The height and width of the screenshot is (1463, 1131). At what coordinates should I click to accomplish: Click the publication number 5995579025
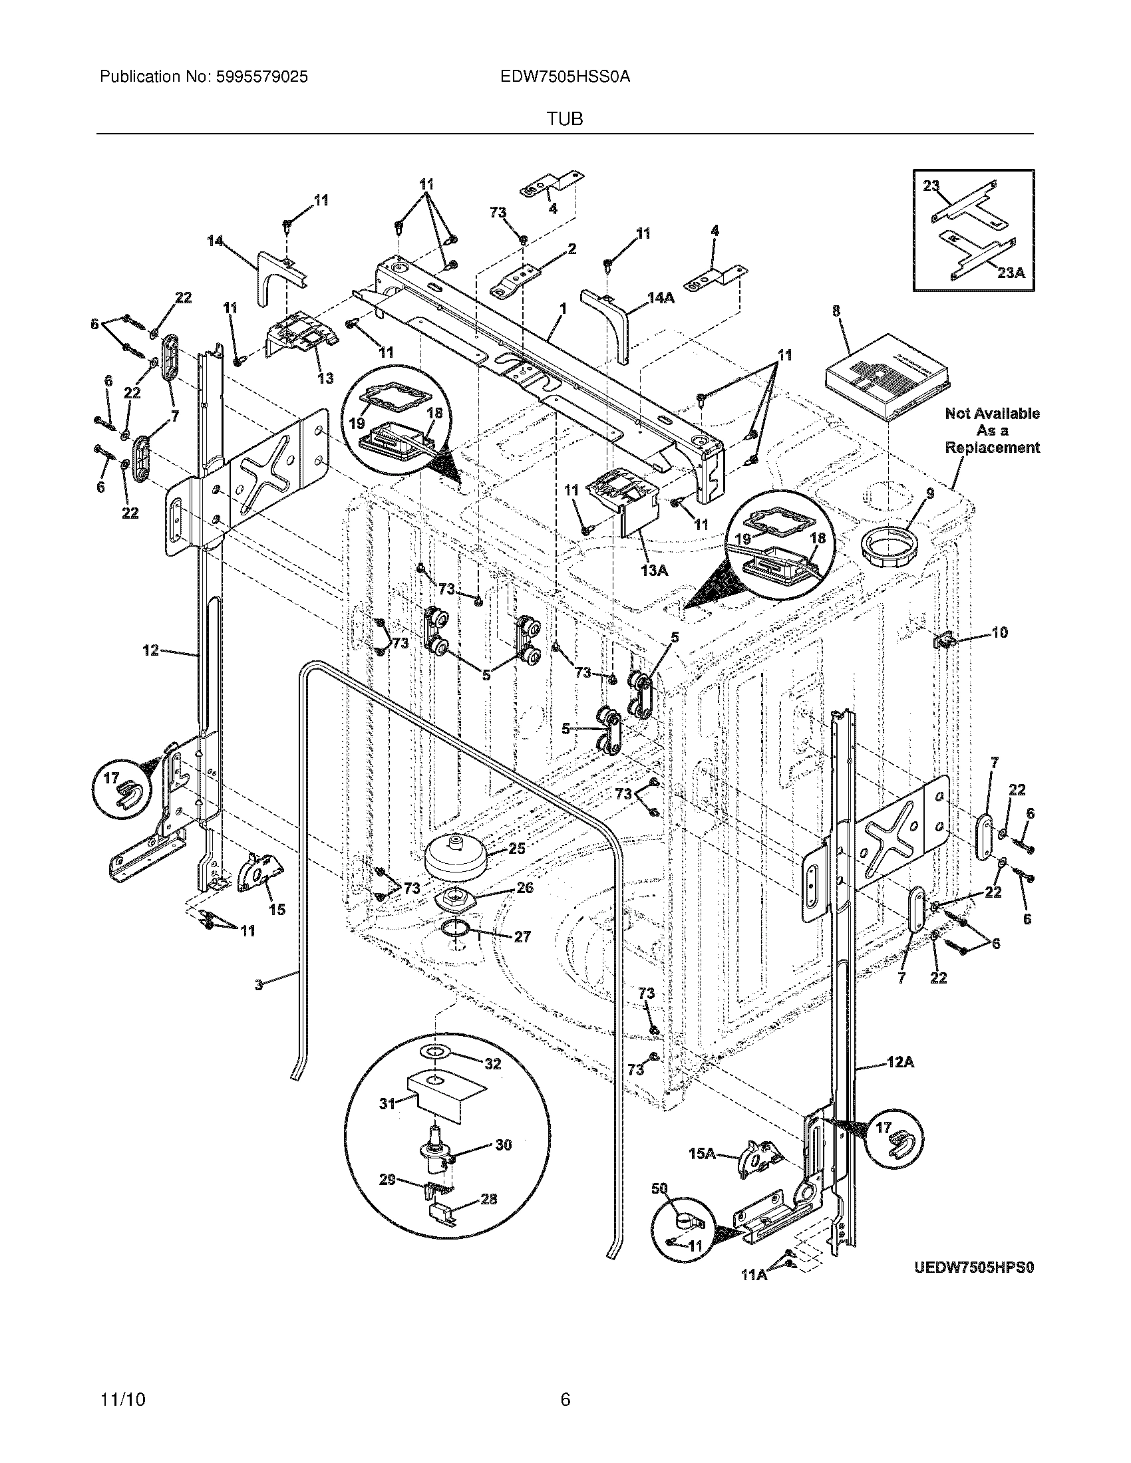(262, 77)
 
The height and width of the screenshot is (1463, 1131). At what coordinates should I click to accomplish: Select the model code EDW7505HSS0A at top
(565, 77)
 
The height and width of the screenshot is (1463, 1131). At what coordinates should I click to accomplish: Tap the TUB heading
(565, 119)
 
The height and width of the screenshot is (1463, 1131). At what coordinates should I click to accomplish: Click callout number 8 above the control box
(836, 311)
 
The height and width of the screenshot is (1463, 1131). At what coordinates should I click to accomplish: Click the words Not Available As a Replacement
(992, 430)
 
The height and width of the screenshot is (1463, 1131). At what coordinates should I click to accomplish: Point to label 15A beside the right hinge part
(702, 1154)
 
